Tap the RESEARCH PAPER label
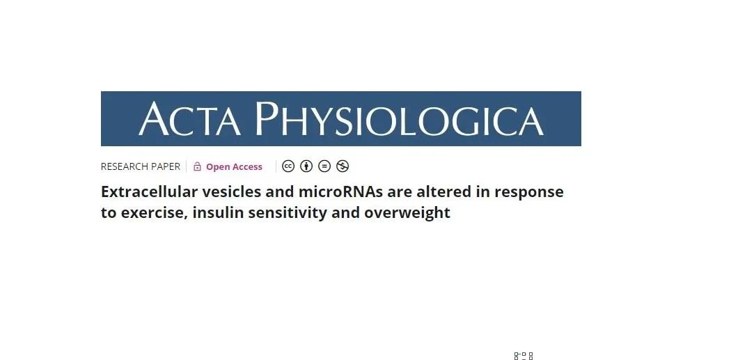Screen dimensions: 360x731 click(140, 166)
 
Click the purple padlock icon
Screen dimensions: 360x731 click(197, 166)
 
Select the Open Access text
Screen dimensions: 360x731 click(234, 166)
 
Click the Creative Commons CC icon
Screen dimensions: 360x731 click(288, 166)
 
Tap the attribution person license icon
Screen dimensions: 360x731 click(306, 166)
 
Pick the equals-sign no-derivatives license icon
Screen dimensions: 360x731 click(324, 166)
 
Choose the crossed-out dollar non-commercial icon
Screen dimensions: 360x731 click(343, 166)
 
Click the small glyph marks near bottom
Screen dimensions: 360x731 click(524, 356)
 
